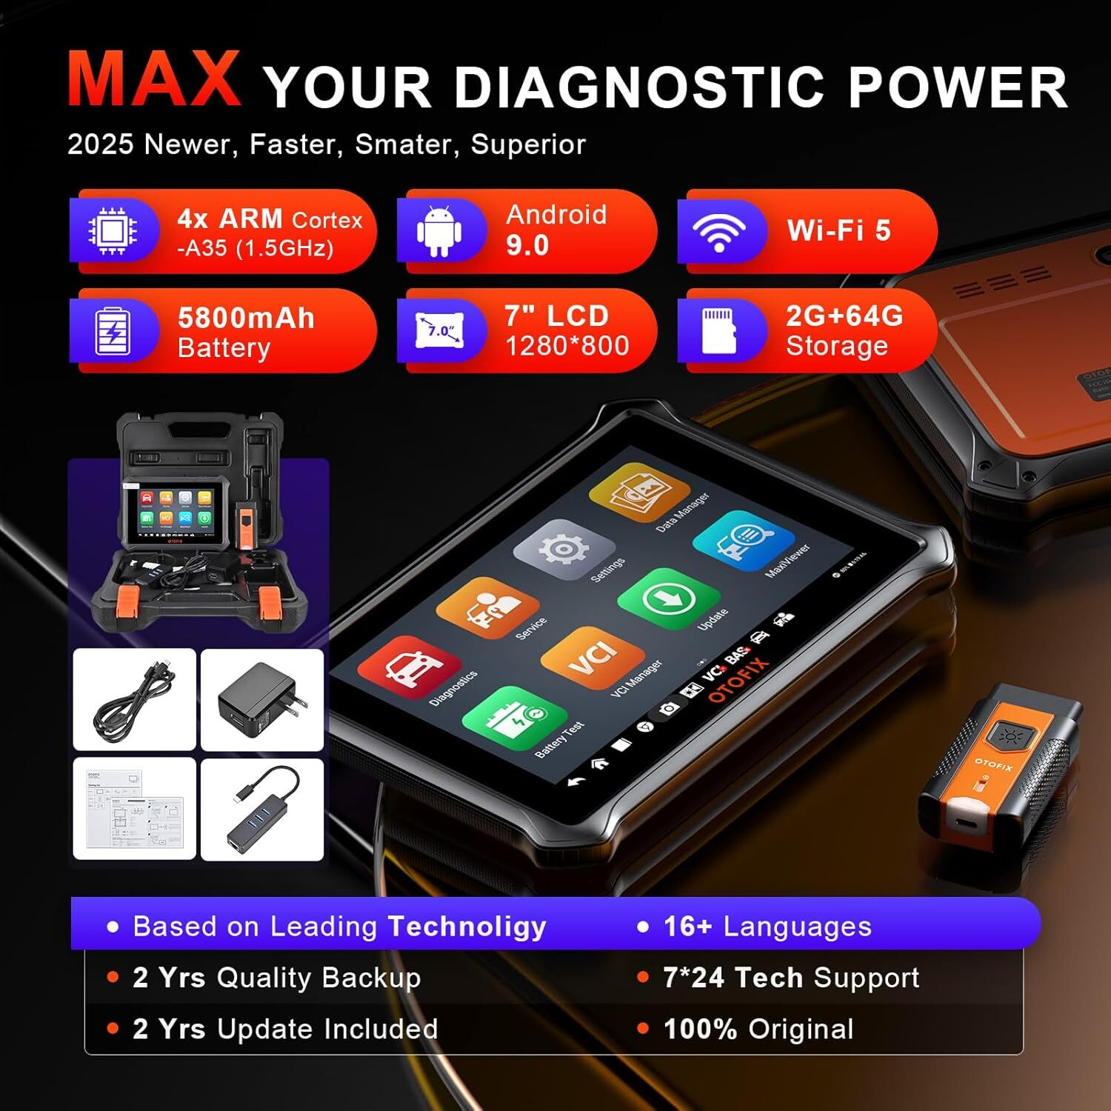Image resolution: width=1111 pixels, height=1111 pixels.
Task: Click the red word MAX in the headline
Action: pos(154,80)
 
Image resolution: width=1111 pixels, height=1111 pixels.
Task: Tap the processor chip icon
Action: pos(113,230)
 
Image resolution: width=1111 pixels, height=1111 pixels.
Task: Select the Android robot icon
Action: pos(439,230)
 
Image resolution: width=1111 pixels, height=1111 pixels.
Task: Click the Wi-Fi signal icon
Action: pos(718,230)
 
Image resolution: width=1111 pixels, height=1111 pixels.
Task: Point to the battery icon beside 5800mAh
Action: pos(113,331)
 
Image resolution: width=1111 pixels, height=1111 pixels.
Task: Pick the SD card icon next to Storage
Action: pos(718,331)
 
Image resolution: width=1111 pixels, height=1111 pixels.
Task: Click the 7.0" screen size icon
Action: pos(441,330)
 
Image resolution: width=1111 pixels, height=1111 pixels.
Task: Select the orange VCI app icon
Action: pos(592,656)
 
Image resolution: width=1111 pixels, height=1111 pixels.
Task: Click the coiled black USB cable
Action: pos(135,699)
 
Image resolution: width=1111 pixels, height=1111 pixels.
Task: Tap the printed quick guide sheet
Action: pos(135,810)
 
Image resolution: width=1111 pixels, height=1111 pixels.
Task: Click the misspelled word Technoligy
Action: pos(467,926)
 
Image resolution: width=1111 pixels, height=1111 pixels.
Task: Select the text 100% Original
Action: pos(758,1029)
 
